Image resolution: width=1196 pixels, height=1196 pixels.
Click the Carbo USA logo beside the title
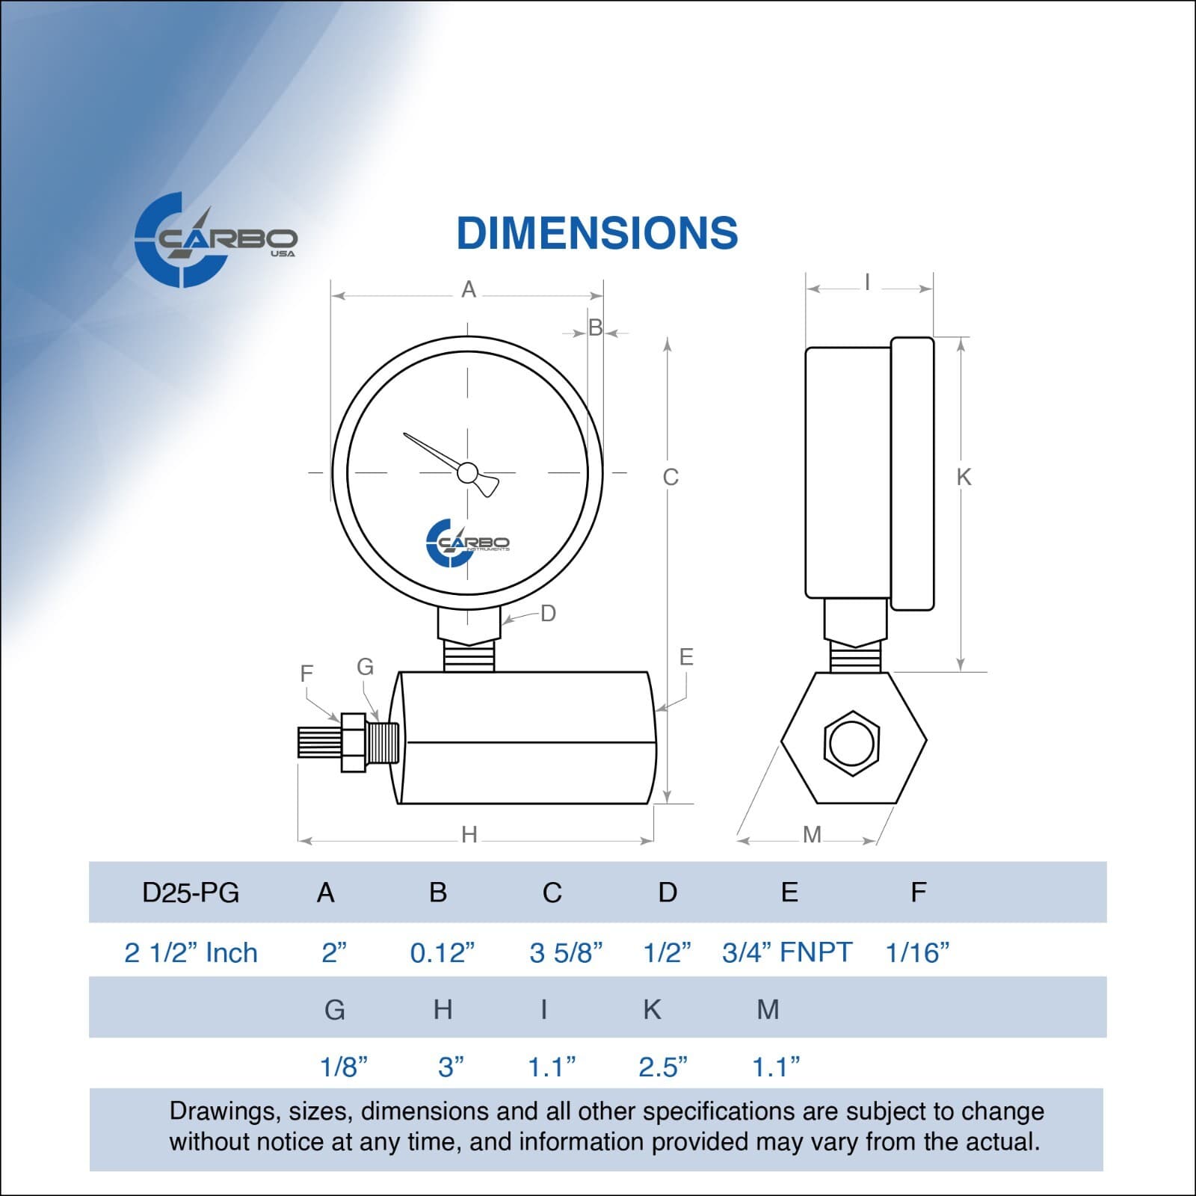coord(215,240)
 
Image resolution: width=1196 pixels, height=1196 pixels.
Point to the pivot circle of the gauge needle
coord(467,472)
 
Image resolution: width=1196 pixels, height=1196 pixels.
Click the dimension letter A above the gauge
coord(469,289)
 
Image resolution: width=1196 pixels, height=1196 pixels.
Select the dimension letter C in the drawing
coord(671,477)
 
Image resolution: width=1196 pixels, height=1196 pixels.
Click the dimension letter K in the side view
coord(964,477)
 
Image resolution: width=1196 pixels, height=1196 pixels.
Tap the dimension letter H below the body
coord(469,834)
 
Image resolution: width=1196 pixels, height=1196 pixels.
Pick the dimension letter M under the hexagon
coord(812,834)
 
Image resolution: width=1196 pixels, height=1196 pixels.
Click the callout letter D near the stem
coord(548,614)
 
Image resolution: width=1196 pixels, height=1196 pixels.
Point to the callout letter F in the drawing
coord(306,673)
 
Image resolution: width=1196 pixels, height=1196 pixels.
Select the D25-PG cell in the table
coord(191,893)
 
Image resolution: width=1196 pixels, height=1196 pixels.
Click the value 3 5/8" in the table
coord(566,953)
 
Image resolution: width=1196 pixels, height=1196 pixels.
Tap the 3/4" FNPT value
coord(787,953)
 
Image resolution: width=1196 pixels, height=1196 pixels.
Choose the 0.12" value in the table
coord(442,953)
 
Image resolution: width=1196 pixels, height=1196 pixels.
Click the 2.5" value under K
coord(662,1067)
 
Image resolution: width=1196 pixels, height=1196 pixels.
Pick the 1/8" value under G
coord(343,1067)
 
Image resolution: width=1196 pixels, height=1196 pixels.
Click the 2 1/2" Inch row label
coord(191,953)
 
